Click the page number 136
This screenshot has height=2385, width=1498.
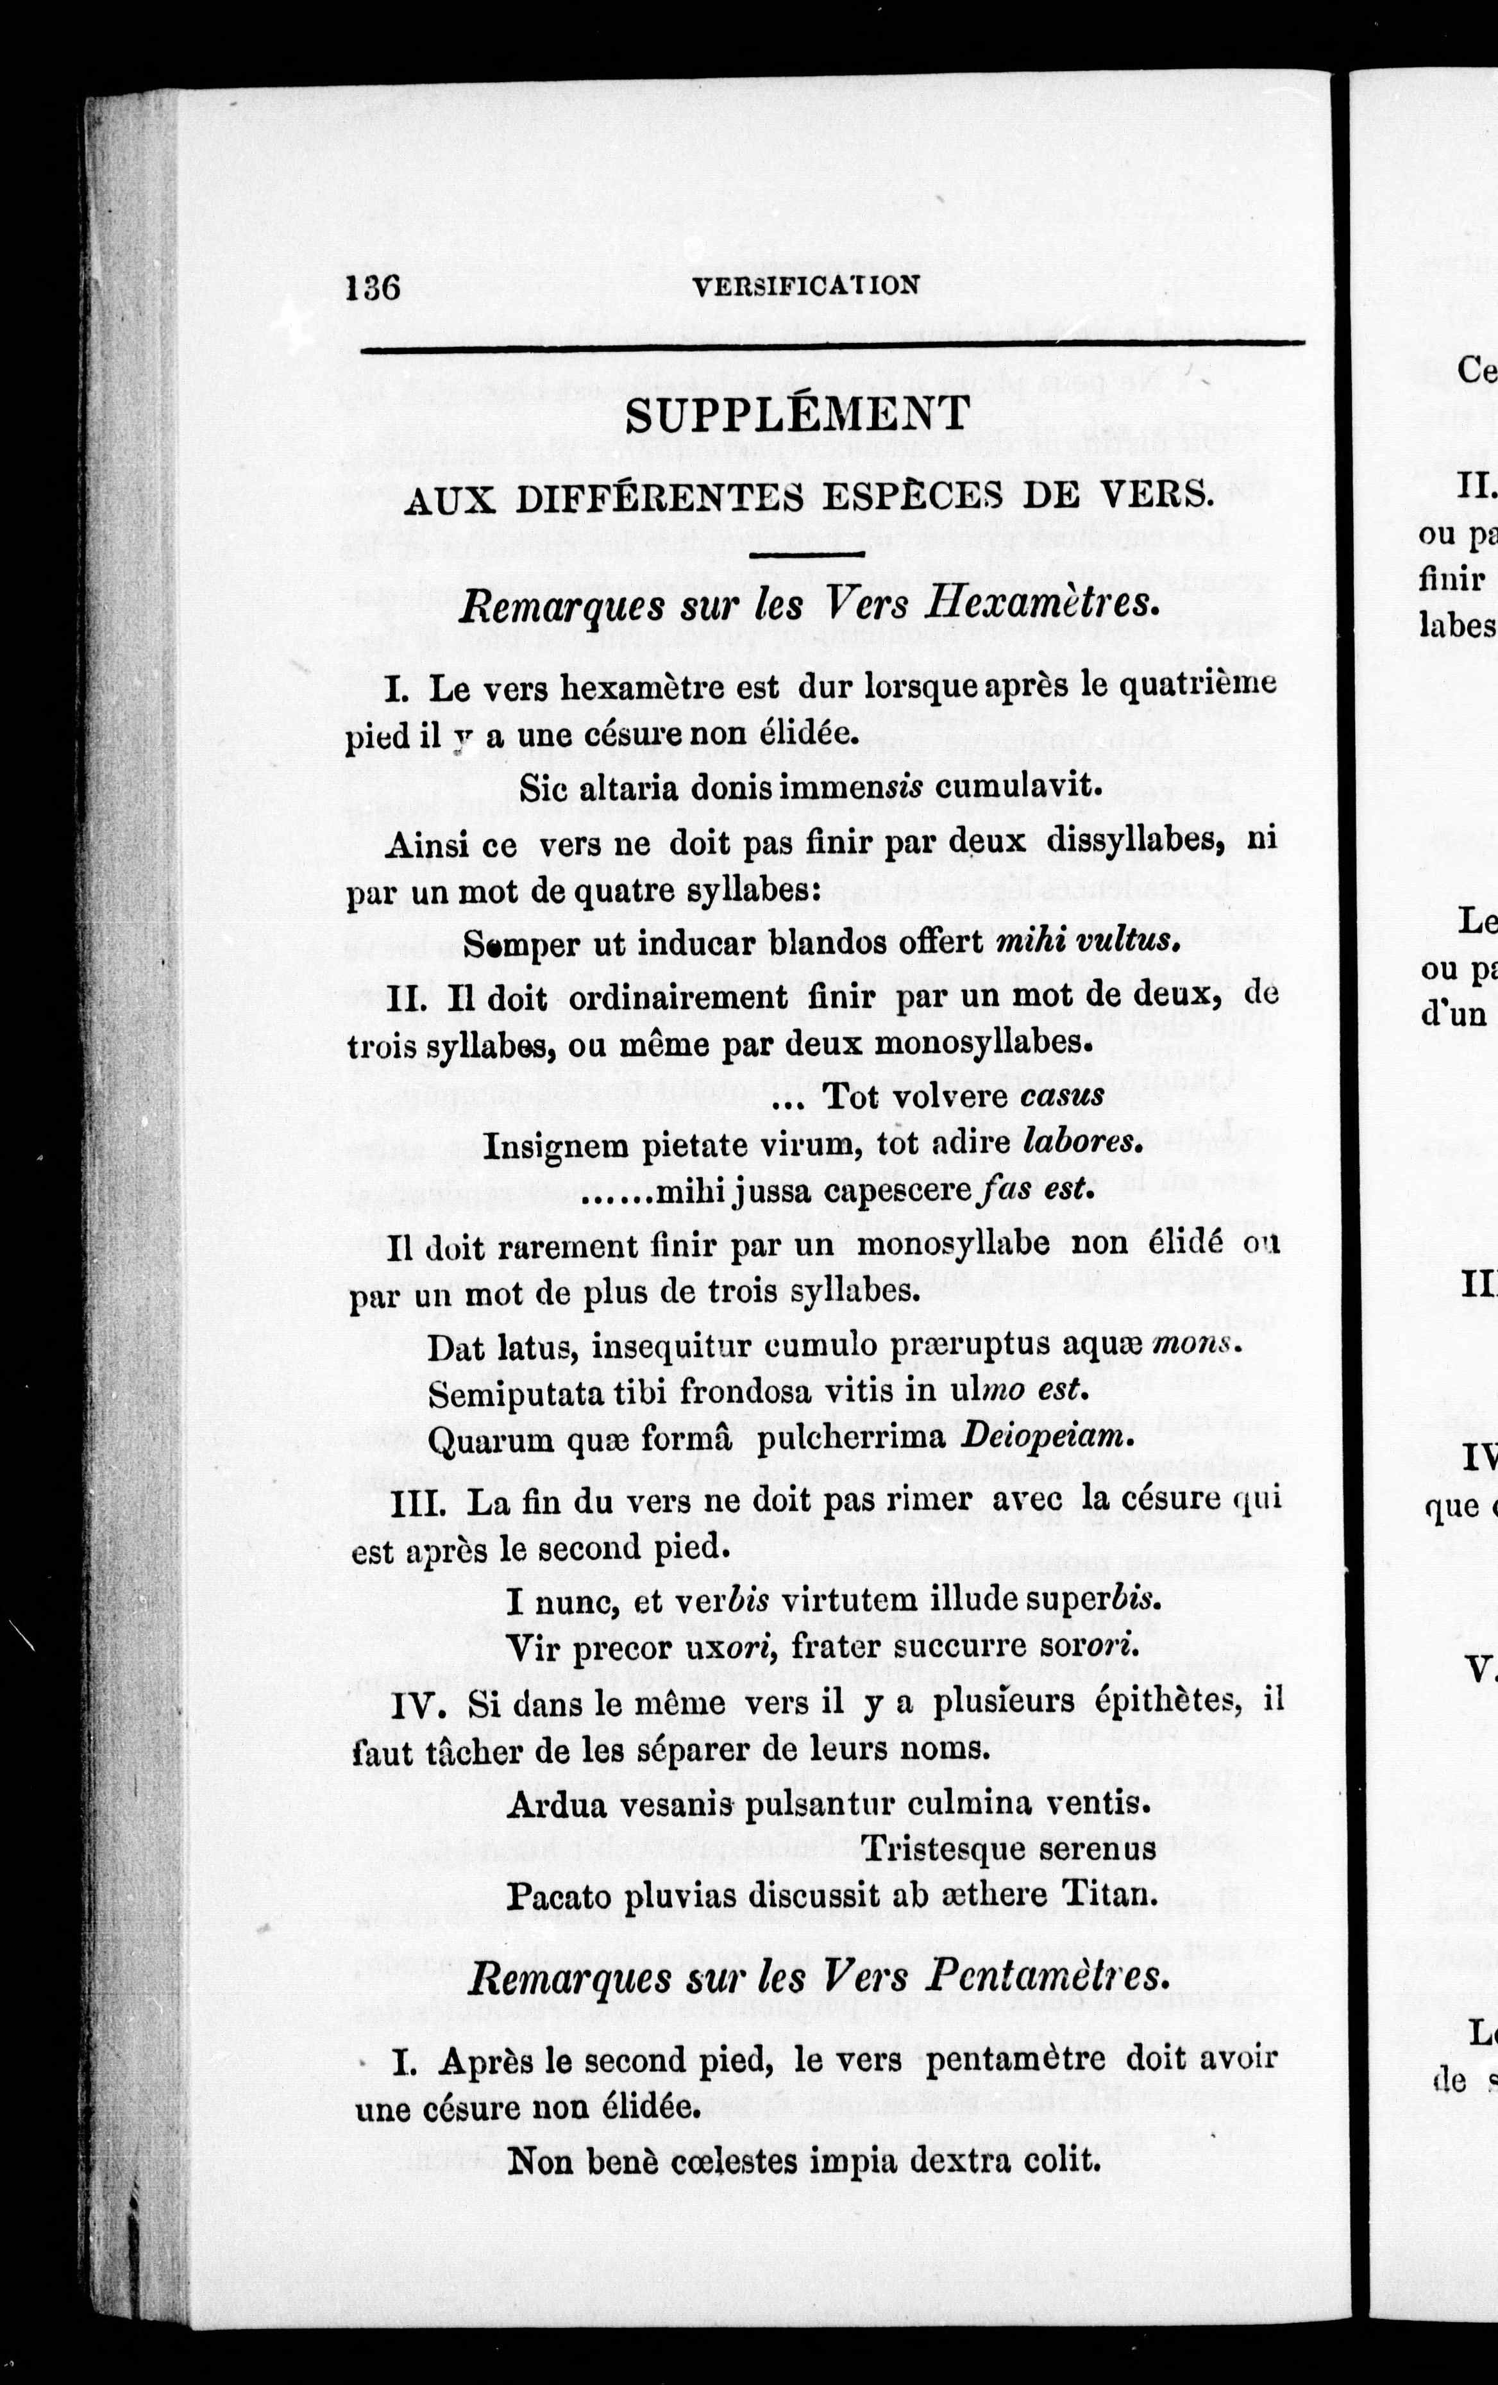point(373,289)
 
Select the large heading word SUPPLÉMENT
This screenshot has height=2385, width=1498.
point(796,416)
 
